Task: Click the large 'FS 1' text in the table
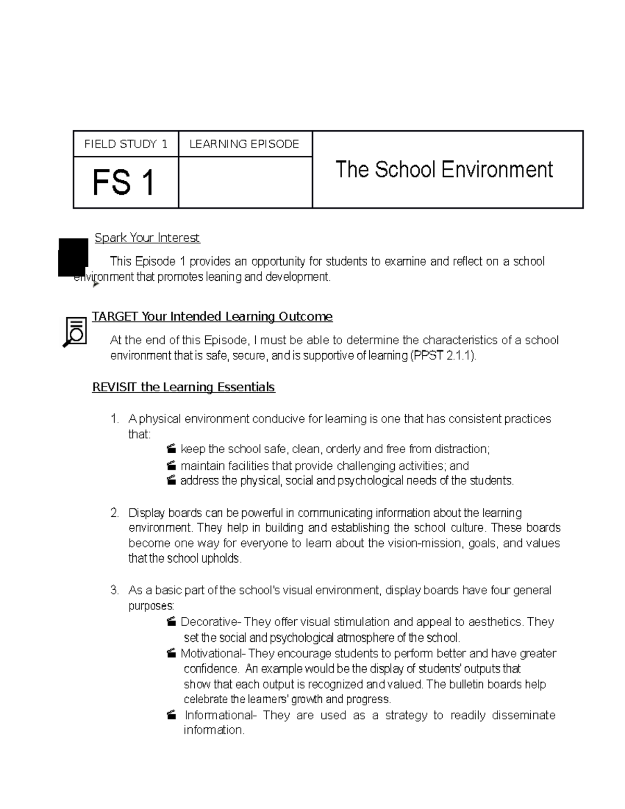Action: point(124,183)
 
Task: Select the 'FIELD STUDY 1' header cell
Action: point(126,144)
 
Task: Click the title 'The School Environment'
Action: point(444,170)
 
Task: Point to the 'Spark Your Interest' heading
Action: point(147,238)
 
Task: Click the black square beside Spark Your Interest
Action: point(73,257)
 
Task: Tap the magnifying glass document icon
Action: point(74,332)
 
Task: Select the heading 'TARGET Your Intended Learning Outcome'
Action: point(212,317)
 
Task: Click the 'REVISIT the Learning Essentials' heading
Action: point(183,387)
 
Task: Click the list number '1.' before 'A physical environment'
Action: point(115,419)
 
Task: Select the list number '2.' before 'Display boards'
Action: point(115,513)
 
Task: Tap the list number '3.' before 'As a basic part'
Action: point(115,590)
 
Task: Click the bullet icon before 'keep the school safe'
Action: point(171,450)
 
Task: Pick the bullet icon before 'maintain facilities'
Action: point(171,465)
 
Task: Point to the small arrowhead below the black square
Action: point(95,284)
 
